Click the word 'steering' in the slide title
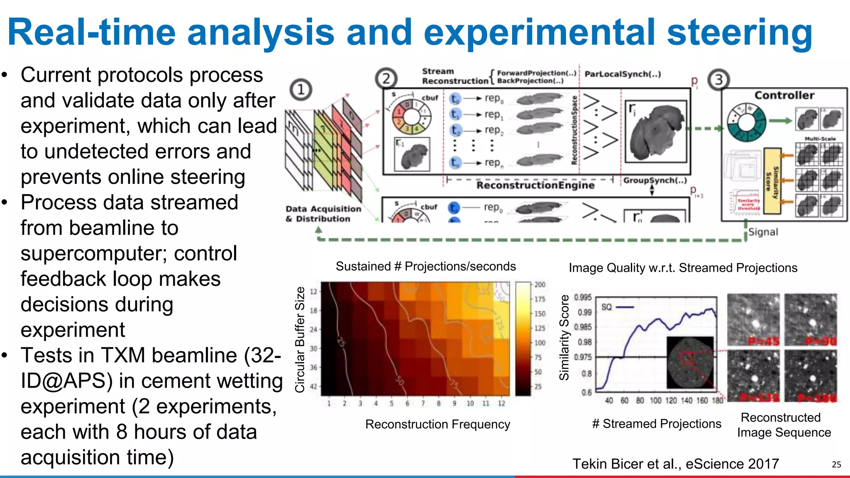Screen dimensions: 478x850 (739, 33)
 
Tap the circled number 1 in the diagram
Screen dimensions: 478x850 (301, 90)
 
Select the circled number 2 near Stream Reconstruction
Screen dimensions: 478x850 (386, 78)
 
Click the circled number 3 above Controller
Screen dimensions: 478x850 (719, 80)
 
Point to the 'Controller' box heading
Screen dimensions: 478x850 (784, 95)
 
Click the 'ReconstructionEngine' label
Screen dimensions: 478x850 (535, 185)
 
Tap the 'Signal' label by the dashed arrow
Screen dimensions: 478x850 (763, 232)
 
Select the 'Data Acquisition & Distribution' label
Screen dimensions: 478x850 (323, 214)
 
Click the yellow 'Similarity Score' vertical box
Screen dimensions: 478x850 (772, 181)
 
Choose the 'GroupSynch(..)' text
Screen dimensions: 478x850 (655, 180)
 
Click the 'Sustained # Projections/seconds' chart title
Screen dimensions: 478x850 (425, 266)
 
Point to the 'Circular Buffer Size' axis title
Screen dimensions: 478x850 (300, 339)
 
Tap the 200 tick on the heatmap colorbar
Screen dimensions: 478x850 (540, 285)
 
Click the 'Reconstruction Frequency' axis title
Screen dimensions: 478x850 (437, 424)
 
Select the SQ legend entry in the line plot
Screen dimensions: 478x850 (617, 307)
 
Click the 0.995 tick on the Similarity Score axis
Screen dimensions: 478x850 (583, 298)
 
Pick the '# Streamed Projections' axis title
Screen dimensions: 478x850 (657, 424)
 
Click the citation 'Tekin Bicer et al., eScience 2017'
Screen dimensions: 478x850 (676, 463)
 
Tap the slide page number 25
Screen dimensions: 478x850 (836, 465)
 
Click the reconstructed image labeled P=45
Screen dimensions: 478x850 (753, 319)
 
